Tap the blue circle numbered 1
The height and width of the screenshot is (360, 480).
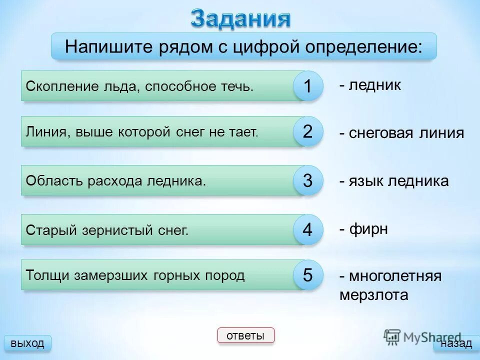click(307, 86)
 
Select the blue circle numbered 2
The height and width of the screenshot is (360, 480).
click(307, 132)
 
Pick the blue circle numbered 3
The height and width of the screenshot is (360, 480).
click(307, 180)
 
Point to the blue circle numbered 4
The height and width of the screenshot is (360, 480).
click(307, 229)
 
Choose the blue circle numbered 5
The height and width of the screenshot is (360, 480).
click(307, 275)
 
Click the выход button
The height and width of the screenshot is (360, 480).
click(27, 343)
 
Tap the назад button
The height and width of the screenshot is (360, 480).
click(455, 343)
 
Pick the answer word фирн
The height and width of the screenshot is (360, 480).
click(368, 229)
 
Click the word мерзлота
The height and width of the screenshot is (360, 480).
click(373, 295)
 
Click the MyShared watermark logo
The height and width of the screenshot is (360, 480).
click(422, 337)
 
